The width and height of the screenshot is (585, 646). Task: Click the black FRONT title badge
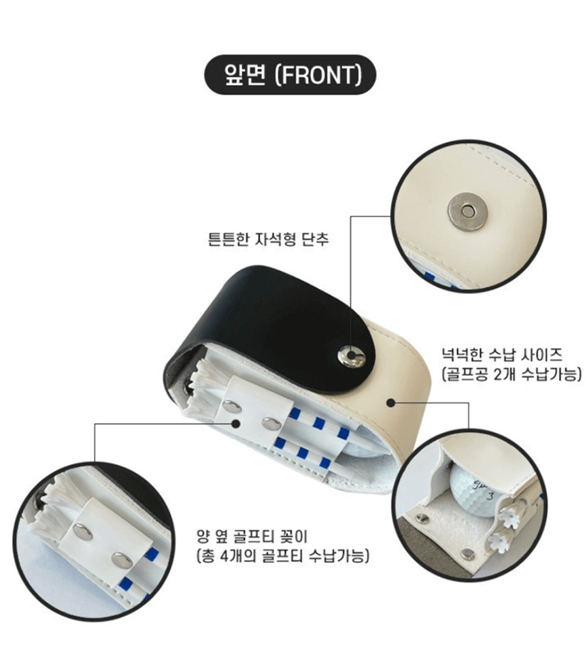point(290,75)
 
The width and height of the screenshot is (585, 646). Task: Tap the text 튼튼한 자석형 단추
point(269,239)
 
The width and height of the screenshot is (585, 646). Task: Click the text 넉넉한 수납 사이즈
point(502,354)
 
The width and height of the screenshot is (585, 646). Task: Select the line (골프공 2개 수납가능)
point(512,374)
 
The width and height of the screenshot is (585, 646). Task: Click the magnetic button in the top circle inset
point(467,212)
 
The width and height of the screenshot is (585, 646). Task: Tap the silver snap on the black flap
point(351,356)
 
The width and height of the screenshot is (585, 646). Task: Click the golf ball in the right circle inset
point(475,489)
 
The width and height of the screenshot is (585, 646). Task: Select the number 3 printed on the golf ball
point(490,496)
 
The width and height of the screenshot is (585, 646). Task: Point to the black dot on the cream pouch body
point(391,402)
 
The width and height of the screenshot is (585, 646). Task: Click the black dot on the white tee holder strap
point(236,423)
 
